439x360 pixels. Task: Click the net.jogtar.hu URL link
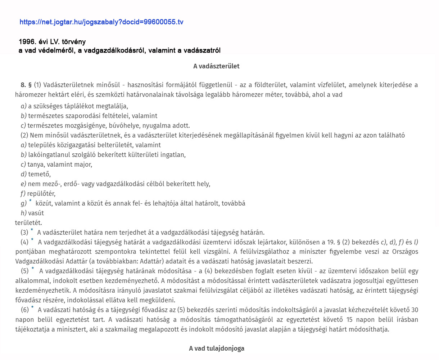point(101,22)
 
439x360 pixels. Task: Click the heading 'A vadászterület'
point(216,66)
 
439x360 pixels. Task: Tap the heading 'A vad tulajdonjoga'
point(217,348)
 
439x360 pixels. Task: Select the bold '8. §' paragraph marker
point(26,85)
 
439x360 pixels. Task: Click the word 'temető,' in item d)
point(39,174)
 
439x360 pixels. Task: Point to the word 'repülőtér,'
point(41,194)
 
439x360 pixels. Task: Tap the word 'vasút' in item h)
point(36,213)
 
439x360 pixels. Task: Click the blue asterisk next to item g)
point(31,201)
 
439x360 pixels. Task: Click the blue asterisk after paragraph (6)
point(32,308)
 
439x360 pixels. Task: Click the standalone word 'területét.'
point(28,223)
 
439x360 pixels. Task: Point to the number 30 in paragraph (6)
point(415,310)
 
